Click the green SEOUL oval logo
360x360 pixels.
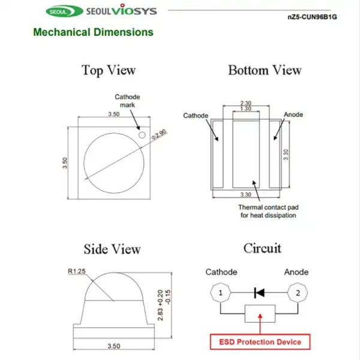click(x=65, y=11)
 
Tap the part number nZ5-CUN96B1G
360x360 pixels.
click(x=312, y=17)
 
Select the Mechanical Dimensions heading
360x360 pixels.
click(x=93, y=32)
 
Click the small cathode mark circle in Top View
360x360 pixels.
click(x=142, y=135)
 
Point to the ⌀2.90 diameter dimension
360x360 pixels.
click(x=160, y=134)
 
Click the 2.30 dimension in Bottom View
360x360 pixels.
click(x=245, y=103)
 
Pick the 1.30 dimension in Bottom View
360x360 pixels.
click(x=245, y=109)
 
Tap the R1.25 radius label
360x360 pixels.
click(x=77, y=271)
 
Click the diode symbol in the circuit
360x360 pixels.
click(x=259, y=293)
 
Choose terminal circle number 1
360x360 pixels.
click(x=220, y=293)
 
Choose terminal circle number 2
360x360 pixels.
click(x=298, y=293)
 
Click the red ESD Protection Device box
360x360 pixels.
click(x=260, y=342)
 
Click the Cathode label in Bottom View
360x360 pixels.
click(x=196, y=115)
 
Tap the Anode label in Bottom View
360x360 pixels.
click(x=293, y=115)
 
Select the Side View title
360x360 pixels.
click(x=112, y=249)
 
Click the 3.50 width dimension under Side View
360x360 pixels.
click(x=114, y=346)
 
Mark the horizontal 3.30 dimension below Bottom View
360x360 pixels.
click(x=245, y=194)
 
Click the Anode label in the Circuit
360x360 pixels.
click(x=296, y=272)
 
